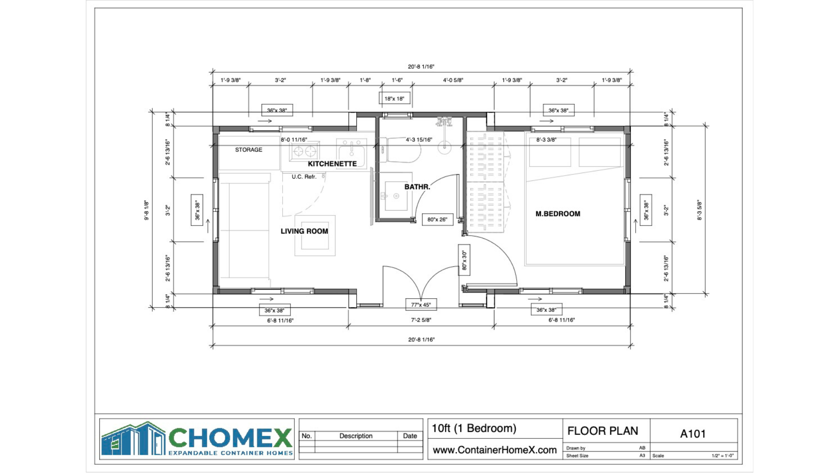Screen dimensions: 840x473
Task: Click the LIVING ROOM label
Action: coord(304,231)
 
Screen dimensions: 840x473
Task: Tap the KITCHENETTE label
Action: coord(332,164)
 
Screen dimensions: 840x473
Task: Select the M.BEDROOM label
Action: coord(558,214)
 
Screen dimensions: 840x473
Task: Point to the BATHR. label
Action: coord(417,187)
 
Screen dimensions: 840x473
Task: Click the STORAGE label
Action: coord(248,150)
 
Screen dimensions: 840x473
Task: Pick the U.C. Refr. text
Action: coord(304,177)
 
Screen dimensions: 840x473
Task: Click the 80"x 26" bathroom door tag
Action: coord(437,219)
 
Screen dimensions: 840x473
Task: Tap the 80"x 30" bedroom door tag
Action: coord(464,260)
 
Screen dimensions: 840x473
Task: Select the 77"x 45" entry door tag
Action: coord(421,305)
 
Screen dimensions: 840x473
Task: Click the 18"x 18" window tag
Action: coord(395,99)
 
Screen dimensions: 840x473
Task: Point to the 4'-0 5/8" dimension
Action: coord(453,80)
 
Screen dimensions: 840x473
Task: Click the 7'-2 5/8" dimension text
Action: coord(421,320)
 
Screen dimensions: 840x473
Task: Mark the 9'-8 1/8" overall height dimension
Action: coord(147,210)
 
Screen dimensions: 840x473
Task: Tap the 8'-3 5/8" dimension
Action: coord(699,210)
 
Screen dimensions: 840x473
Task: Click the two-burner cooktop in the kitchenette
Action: coord(304,152)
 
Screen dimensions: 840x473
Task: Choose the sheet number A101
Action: coord(693,434)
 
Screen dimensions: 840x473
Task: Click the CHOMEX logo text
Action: coord(230,438)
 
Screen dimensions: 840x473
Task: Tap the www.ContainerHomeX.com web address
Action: coord(495,450)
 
